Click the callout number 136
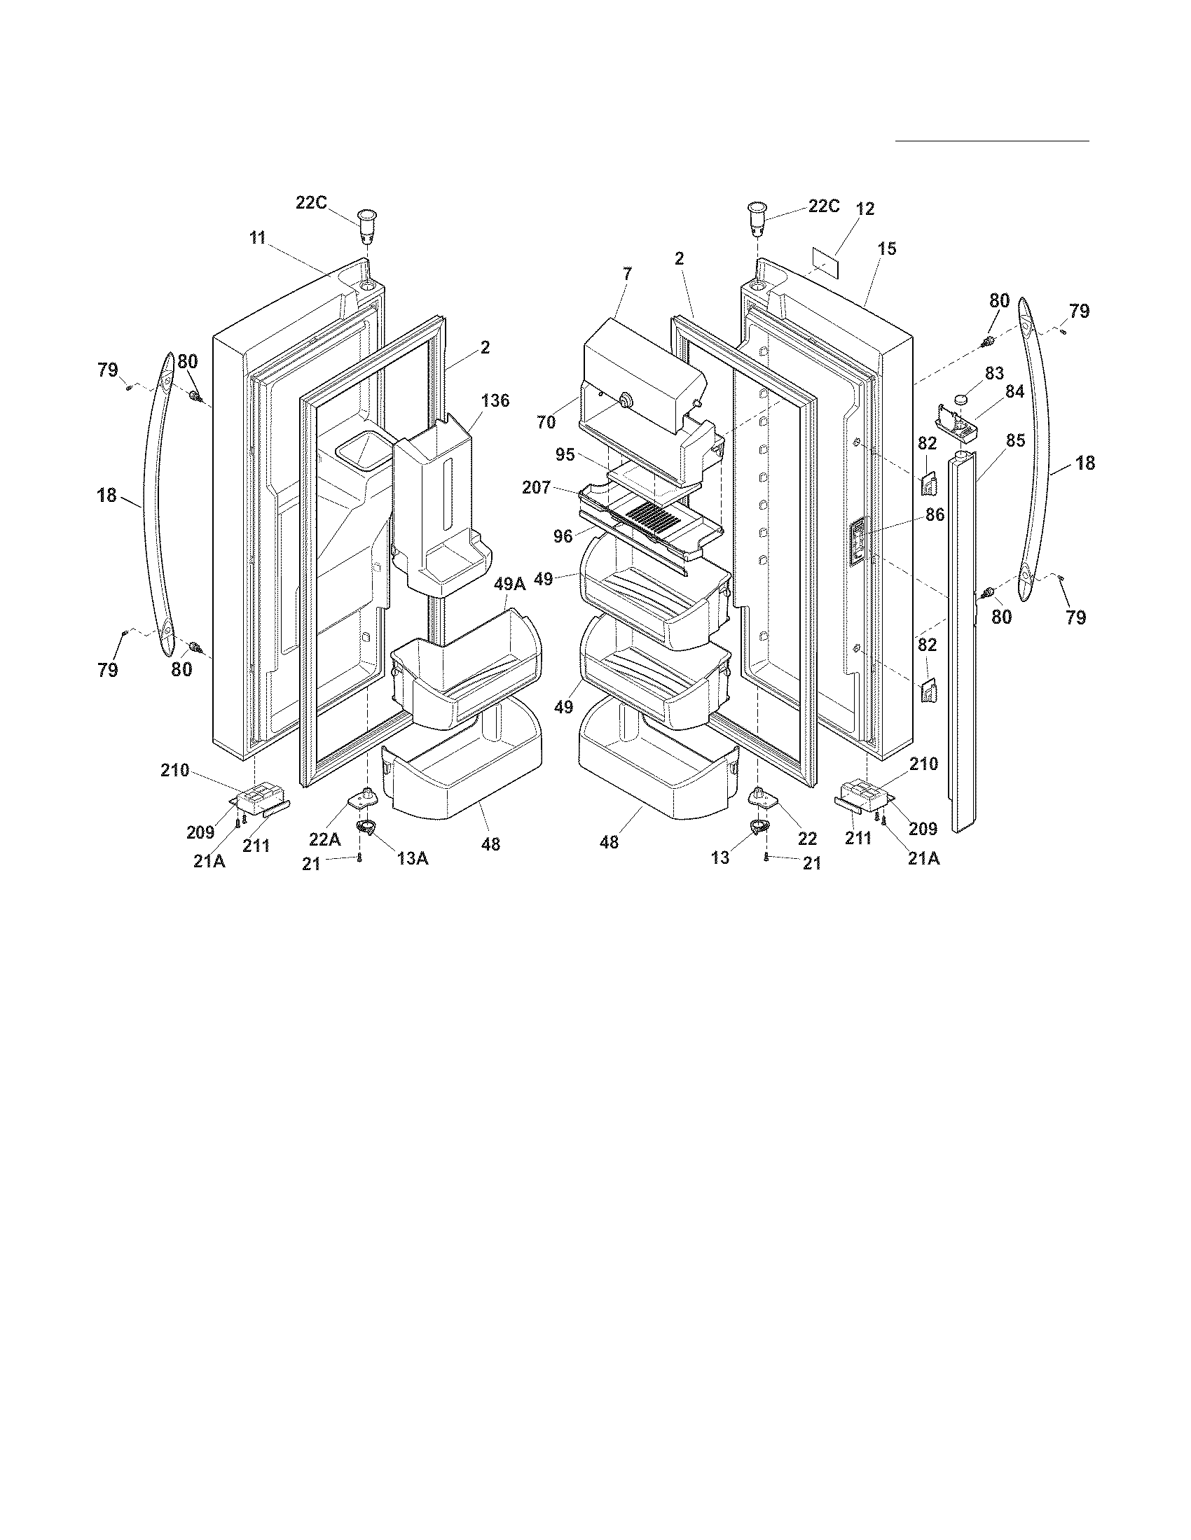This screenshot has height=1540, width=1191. coord(495,400)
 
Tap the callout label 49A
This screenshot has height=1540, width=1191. coord(509,583)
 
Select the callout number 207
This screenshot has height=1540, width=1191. coord(536,487)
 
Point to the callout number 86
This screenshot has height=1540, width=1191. coord(935,514)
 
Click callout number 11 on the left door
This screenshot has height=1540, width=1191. coord(258,237)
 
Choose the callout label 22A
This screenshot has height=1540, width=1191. coord(324,839)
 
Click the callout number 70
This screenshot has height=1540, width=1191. coord(546,423)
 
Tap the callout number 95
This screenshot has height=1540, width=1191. coord(565,455)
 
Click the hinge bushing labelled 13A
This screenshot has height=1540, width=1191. coord(366,827)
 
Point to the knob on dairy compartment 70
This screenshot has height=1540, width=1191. coord(623,400)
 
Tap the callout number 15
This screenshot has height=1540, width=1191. coord(887,248)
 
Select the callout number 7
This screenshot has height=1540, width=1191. coord(627,273)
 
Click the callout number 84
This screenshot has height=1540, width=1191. coord(1014,392)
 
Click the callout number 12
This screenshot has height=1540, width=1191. coord(865,209)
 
